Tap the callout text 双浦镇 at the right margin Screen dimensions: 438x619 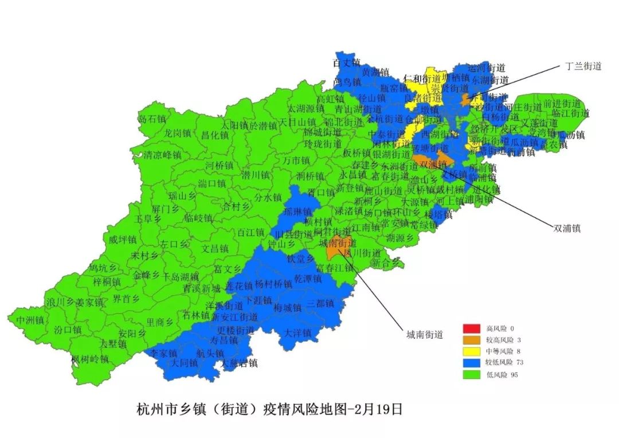point(567,228)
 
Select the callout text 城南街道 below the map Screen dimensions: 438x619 point(425,335)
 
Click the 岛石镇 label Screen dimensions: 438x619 point(152,119)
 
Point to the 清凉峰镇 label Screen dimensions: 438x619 point(162,155)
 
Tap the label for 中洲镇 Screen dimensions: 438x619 point(30,319)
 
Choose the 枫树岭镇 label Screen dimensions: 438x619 point(90,359)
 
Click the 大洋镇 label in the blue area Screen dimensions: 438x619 point(297,333)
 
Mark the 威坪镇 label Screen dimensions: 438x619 point(122,240)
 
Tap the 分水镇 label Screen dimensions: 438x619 point(268,197)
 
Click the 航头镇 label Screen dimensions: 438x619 point(210,353)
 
